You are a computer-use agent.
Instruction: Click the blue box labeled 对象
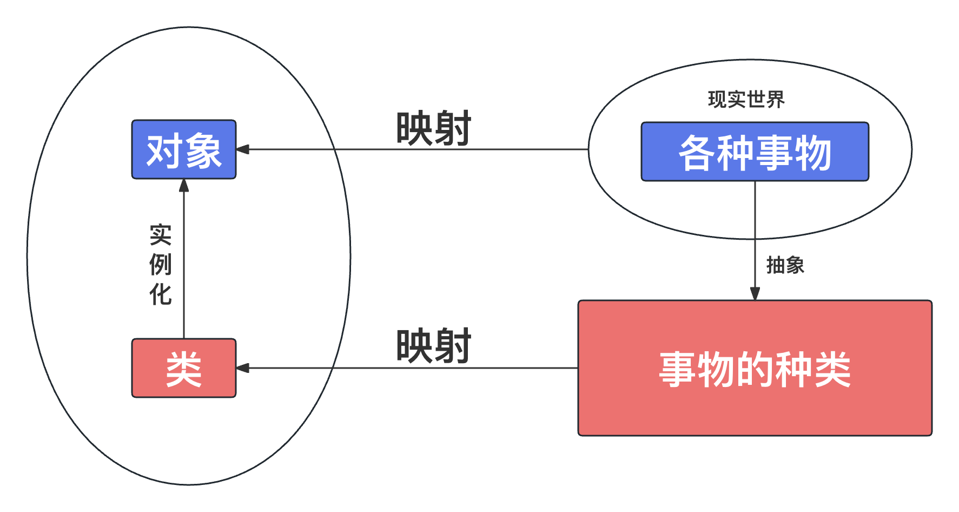point(184,149)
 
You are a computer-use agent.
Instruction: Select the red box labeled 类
point(184,368)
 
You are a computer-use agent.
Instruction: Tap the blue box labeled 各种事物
point(755,152)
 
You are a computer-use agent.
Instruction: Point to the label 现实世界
point(746,100)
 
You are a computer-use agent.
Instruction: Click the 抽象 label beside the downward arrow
point(785,265)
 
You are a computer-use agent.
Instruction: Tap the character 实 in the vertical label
point(161,235)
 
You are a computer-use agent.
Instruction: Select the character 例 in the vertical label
point(161,265)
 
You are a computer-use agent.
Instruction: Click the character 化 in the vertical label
point(161,294)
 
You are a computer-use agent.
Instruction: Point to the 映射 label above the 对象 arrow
point(433,129)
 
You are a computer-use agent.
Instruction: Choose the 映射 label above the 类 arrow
point(433,346)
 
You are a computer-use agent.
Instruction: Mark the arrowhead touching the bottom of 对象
point(184,186)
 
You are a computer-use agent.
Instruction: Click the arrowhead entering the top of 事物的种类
point(755,294)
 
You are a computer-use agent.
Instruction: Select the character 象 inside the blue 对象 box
point(203,151)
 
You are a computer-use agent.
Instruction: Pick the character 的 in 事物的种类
point(755,370)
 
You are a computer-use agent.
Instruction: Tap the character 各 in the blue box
point(697,153)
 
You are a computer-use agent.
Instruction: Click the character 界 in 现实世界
point(775,100)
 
